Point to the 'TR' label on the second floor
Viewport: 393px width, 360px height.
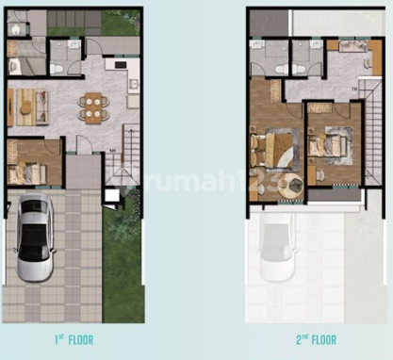(x=352, y=90)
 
